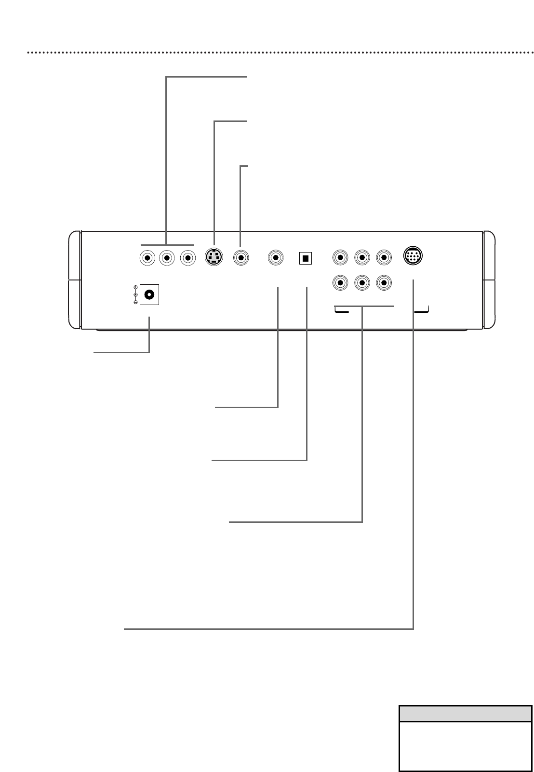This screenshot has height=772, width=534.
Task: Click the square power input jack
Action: [x=149, y=294]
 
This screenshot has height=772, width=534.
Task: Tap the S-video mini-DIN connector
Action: [x=214, y=258]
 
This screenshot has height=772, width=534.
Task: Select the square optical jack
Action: [x=305, y=258]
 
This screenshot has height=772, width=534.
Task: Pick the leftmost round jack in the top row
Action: [x=147, y=258]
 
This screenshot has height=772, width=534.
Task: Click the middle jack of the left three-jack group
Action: [x=167, y=258]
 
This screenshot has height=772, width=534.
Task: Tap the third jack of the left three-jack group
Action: [x=187, y=258]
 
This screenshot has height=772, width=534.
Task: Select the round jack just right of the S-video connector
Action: [x=241, y=258]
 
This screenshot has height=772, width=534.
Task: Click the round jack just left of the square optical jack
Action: [x=276, y=258]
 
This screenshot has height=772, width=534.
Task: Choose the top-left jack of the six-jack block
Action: [x=340, y=257]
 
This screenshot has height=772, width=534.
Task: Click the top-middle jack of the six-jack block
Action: [x=362, y=257]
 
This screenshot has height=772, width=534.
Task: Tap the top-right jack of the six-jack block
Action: [x=384, y=257]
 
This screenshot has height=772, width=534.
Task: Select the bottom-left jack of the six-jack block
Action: [x=340, y=282]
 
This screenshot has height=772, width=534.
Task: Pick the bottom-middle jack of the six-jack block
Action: [x=362, y=282]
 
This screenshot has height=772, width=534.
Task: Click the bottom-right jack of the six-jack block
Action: [x=384, y=282]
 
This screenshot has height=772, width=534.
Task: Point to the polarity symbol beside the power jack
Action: [x=135, y=294]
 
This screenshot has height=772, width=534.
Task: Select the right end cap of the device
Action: [x=489, y=280]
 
